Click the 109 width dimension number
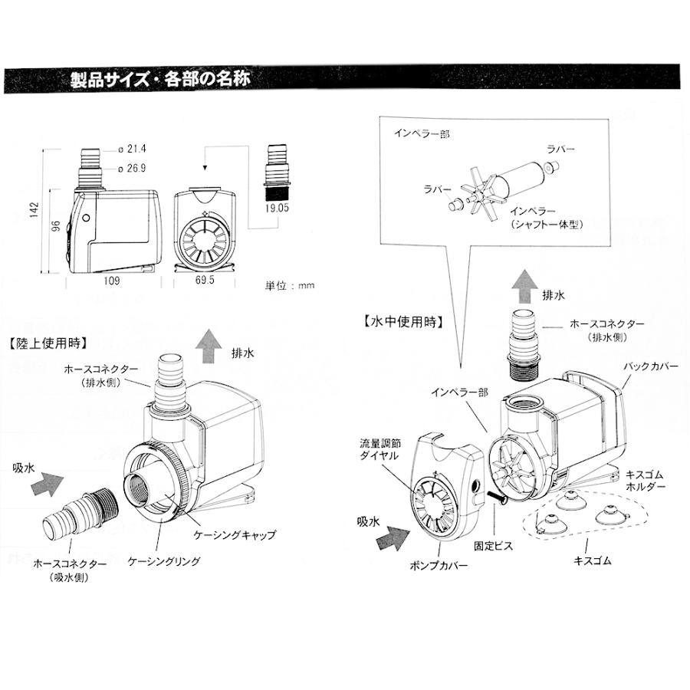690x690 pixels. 110,281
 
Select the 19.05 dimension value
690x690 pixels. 278,206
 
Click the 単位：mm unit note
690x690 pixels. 289,285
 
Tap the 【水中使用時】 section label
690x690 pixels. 402,322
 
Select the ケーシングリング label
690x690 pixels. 164,562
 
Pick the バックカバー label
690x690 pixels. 652,367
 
